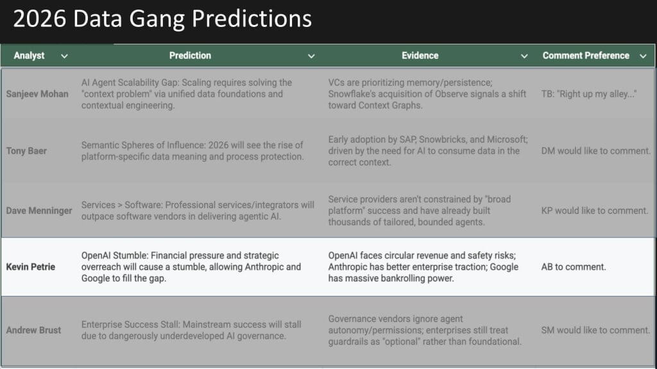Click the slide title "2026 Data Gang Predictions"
pos(162,19)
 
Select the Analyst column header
pos(29,56)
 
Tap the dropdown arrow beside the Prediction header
pos(311,56)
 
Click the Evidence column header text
pos(420,56)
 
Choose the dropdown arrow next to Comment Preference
pos(643,56)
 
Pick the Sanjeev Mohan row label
pos(37,94)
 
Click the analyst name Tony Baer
pos(26,151)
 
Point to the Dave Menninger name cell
pos(39,211)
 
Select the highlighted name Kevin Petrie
pos(31,267)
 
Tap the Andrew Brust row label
pos(33,330)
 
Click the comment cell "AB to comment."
pos(574,267)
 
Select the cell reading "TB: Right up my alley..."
pos(589,94)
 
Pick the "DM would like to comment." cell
pos(596,151)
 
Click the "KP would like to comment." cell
pos(595,211)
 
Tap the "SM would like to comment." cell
pos(595,330)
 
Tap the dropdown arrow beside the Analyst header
pos(64,56)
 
